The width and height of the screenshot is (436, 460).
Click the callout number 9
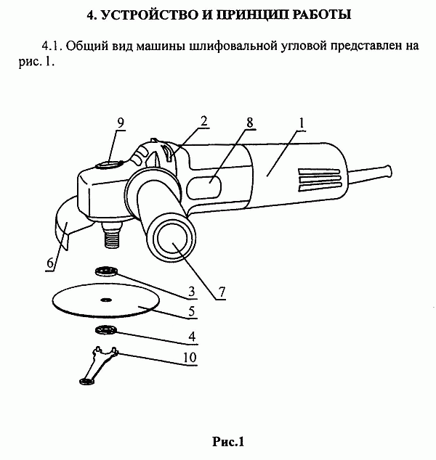121,123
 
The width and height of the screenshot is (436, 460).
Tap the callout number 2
204,121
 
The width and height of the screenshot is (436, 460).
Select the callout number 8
250,123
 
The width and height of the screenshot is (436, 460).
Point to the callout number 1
302,123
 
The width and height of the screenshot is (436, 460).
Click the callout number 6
51,263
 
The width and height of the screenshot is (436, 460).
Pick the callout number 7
222,292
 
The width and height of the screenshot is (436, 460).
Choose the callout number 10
190,357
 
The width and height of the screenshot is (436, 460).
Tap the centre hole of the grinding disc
106,300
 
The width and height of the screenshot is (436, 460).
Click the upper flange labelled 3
106,271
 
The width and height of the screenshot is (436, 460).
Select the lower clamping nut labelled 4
106,330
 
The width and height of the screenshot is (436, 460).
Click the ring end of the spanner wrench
86,382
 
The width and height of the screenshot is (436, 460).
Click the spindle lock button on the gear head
108,165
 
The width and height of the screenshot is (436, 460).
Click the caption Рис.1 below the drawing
228,442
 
